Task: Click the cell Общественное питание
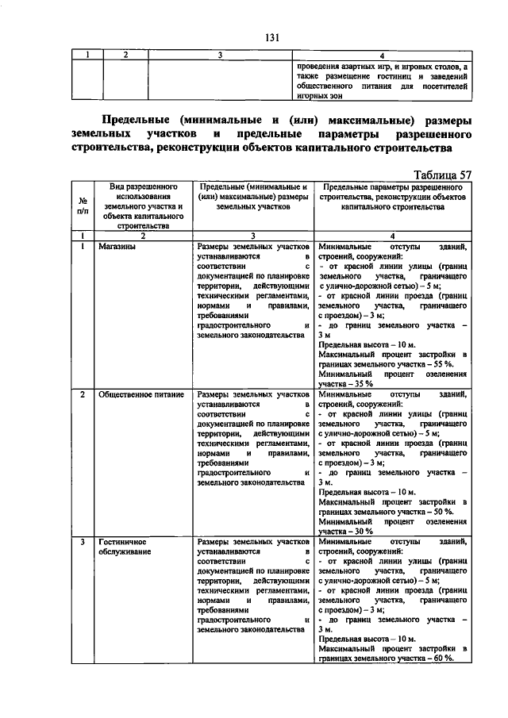[141, 394]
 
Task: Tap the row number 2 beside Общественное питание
[83, 394]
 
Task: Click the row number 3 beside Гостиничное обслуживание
[83, 541]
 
